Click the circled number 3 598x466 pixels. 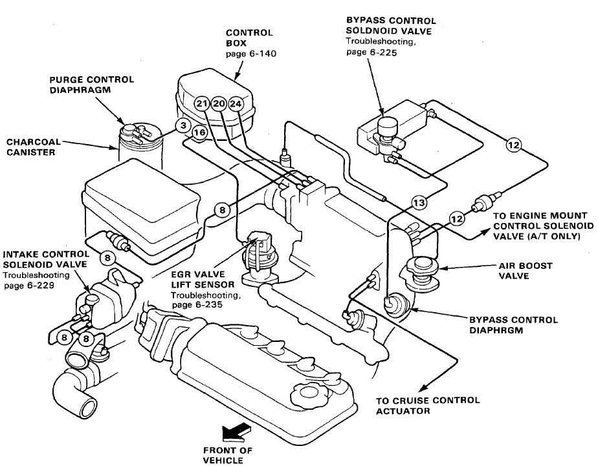pos(183,125)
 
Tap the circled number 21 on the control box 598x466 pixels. pos(201,104)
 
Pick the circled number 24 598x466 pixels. pos(236,104)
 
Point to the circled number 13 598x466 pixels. pos(419,203)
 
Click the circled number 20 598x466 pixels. pos(218,104)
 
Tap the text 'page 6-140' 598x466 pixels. pos(250,54)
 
